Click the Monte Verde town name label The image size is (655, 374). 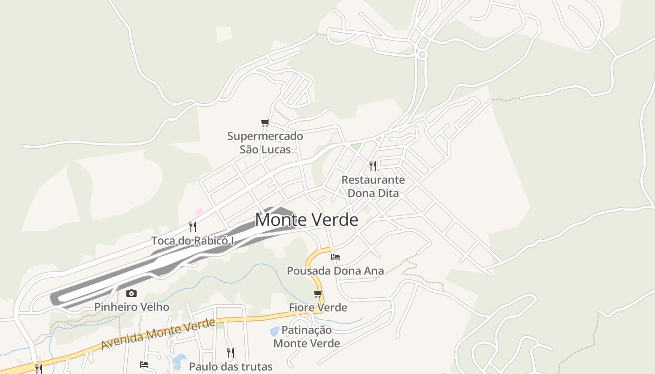(306, 220)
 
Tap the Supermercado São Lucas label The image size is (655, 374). (265, 143)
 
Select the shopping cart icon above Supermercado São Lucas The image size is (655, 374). (265, 123)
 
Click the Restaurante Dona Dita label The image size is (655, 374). (373, 186)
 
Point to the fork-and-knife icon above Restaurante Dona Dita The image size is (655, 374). (373, 165)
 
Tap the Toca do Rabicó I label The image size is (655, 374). (192, 241)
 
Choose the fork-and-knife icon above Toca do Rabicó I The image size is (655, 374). (192, 227)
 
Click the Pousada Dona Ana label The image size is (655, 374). (335, 271)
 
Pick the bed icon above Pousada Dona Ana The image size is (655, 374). (335, 257)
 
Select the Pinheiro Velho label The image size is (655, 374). (131, 307)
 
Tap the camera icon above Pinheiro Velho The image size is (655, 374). (131, 294)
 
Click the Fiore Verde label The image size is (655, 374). (318, 308)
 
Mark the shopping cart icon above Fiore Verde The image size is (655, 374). (318, 294)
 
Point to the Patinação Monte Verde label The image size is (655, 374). (306, 337)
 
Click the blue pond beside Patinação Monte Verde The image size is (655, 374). (275, 331)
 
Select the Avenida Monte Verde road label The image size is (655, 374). (158, 334)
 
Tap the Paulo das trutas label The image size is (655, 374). (230, 367)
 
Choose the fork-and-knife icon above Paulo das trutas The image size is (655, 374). (230, 352)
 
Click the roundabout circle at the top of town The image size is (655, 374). (422, 55)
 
